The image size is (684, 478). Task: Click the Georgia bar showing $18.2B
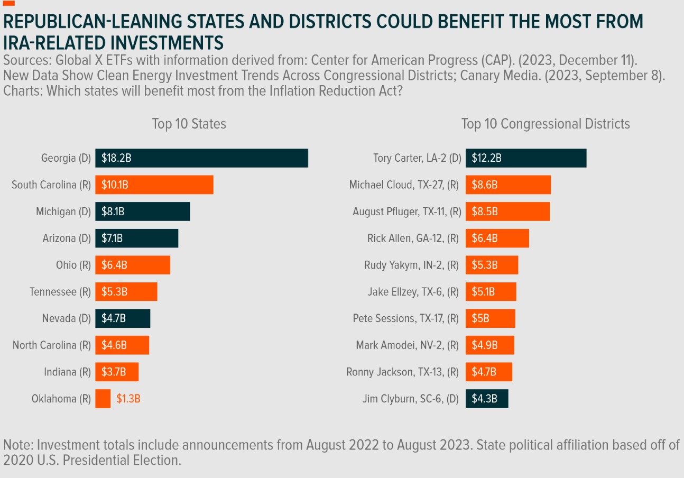click(x=201, y=158)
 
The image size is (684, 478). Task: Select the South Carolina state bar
click(x=154, y=185)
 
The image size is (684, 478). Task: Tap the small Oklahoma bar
click(x=103, y=399)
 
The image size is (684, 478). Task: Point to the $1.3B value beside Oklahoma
click(x=128, y=399)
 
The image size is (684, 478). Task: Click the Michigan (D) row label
click(x=63, y=212)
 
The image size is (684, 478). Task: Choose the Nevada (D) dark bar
click(x=123, y=318)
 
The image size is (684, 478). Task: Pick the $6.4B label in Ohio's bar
click(x=114, y=265)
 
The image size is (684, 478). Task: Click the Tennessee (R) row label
click(x=60, y=292)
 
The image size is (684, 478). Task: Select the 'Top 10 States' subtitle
click(x=189, y=124)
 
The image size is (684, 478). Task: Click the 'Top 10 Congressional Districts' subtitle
click(x=546, y=124)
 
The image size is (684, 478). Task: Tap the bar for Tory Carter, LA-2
click(x=526, y=158)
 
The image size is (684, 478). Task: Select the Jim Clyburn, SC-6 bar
click(x=486, y=399)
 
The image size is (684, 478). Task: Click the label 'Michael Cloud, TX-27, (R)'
click(x=405, y=185)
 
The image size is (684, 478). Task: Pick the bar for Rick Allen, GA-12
click(x=497, y=238)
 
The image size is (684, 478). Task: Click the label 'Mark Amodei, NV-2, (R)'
click(x=407, y=345)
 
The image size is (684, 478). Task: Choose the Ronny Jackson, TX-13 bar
click(x=488, y=372)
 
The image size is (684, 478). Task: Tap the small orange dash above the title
click(x=9, y=3)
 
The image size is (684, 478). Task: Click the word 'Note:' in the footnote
click(x=18, y=445)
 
